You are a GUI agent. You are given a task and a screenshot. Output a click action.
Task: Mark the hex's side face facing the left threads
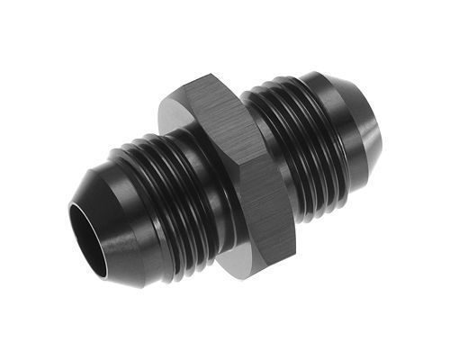[x=193, y=180]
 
